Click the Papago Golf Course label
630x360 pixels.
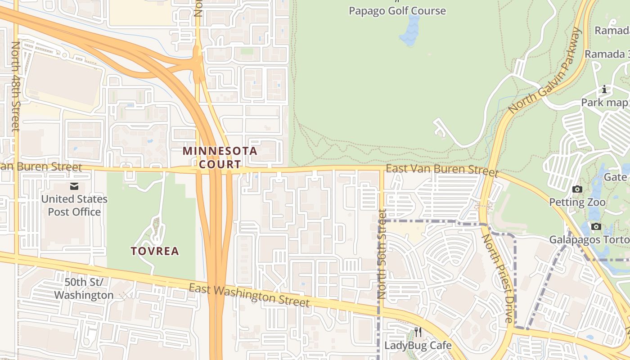tap(397, 11)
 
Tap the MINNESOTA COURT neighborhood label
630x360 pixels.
tap(220, 157)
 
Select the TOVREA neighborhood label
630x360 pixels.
tap(155, 251)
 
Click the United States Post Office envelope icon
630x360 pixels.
tap(74, 186)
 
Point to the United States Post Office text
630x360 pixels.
tap(74, 205)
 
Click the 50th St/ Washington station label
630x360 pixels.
tap(84, 288)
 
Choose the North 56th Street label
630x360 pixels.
tap(382, 254)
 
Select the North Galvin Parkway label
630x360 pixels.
tap(545, 71)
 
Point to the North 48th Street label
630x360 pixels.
tap(16, 86)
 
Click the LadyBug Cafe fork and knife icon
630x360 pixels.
tap(418, 332)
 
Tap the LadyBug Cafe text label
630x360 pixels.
tap(418, 345)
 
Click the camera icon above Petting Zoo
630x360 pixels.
tap(577, 189)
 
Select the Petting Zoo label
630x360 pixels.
tap(577, 202)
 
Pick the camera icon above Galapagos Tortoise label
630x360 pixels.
tap(596, 226)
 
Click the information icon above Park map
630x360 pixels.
tap(604, 90)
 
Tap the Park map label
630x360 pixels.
tap(604, 103)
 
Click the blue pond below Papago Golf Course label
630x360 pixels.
tap(410, 31)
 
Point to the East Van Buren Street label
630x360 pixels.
tap(442, 171)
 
